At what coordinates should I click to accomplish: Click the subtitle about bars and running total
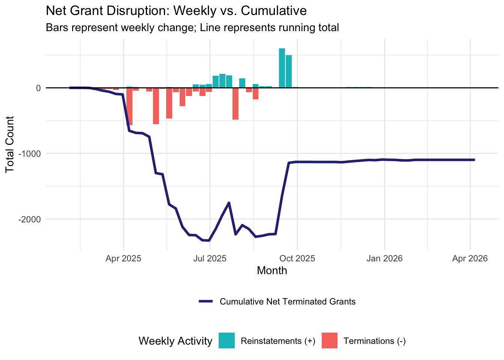(x=192, y=28)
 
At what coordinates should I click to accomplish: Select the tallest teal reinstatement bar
(x=282, y=68)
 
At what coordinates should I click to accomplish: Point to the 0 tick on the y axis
(x=38, y=88)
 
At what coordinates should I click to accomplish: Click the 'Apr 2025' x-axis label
(x=123, y=258)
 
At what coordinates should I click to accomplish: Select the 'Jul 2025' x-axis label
(x=210, y=258)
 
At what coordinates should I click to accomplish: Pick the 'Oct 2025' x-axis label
(x=297, y=258)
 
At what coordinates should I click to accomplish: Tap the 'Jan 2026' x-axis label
(x=384, y=258)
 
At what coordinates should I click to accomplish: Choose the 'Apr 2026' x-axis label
(x=470, y=258)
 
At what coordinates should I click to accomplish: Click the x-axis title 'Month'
(x=272, y=271)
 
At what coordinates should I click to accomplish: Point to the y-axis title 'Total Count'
(x=10, y=144)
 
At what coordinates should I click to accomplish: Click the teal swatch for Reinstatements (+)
(x=226, y=341)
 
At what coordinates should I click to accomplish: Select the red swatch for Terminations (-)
(x=329, y=341)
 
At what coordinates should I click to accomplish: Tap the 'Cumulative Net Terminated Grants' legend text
(x=288, y=302)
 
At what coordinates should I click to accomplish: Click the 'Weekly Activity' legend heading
(x=175, y=341)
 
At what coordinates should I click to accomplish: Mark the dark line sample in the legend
(x=206, y=301)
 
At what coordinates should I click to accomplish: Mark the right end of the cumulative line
(x=474, y=160)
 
